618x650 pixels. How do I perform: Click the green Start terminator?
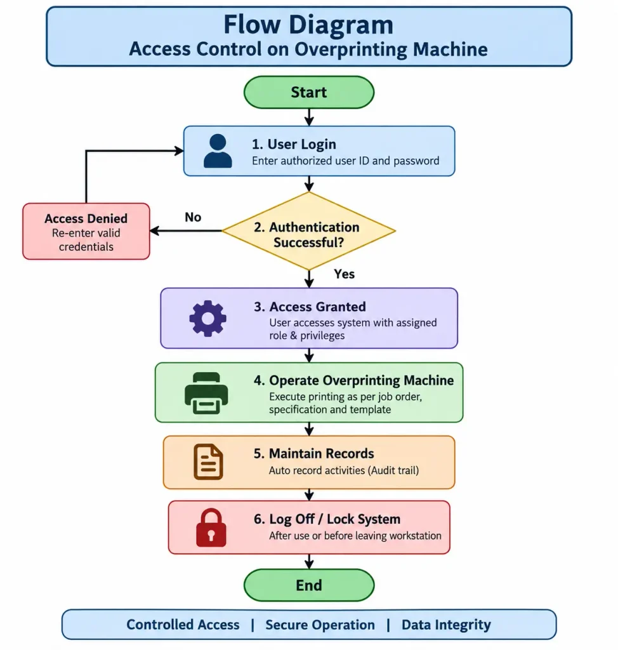[x=309, y=92]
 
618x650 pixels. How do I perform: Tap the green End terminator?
[x=309, y=585]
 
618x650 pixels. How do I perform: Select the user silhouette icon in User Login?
[x=218, y=151]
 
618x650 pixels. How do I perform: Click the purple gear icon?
[x=207, y=318]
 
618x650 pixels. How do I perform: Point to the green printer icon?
[x=206, y=393]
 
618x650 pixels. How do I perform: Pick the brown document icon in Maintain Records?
[x=208, y=462]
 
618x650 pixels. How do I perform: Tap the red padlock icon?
[x=211, y=527]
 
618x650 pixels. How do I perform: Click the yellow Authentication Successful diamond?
[x=309, y=231]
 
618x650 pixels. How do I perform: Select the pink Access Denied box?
[x=86, y=231]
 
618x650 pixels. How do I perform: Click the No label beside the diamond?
[x=193, y=217]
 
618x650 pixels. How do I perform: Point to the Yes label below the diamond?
[x=344, y=274]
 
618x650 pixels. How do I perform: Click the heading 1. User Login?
[x=294, y=144]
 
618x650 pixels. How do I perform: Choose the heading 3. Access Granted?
[x=310, y=307]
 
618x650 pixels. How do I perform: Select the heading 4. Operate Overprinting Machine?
[x=353, y=380]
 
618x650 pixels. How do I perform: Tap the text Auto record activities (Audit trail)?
[x=344, y=470]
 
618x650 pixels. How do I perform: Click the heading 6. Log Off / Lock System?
[x=327, y=519]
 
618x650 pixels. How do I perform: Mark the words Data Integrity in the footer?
[x=446, y=625]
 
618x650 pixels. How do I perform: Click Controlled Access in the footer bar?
[x=183, y=625]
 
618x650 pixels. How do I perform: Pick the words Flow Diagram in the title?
[x=308, y=25]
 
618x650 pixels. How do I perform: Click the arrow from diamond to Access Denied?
[x=186, y=231]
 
